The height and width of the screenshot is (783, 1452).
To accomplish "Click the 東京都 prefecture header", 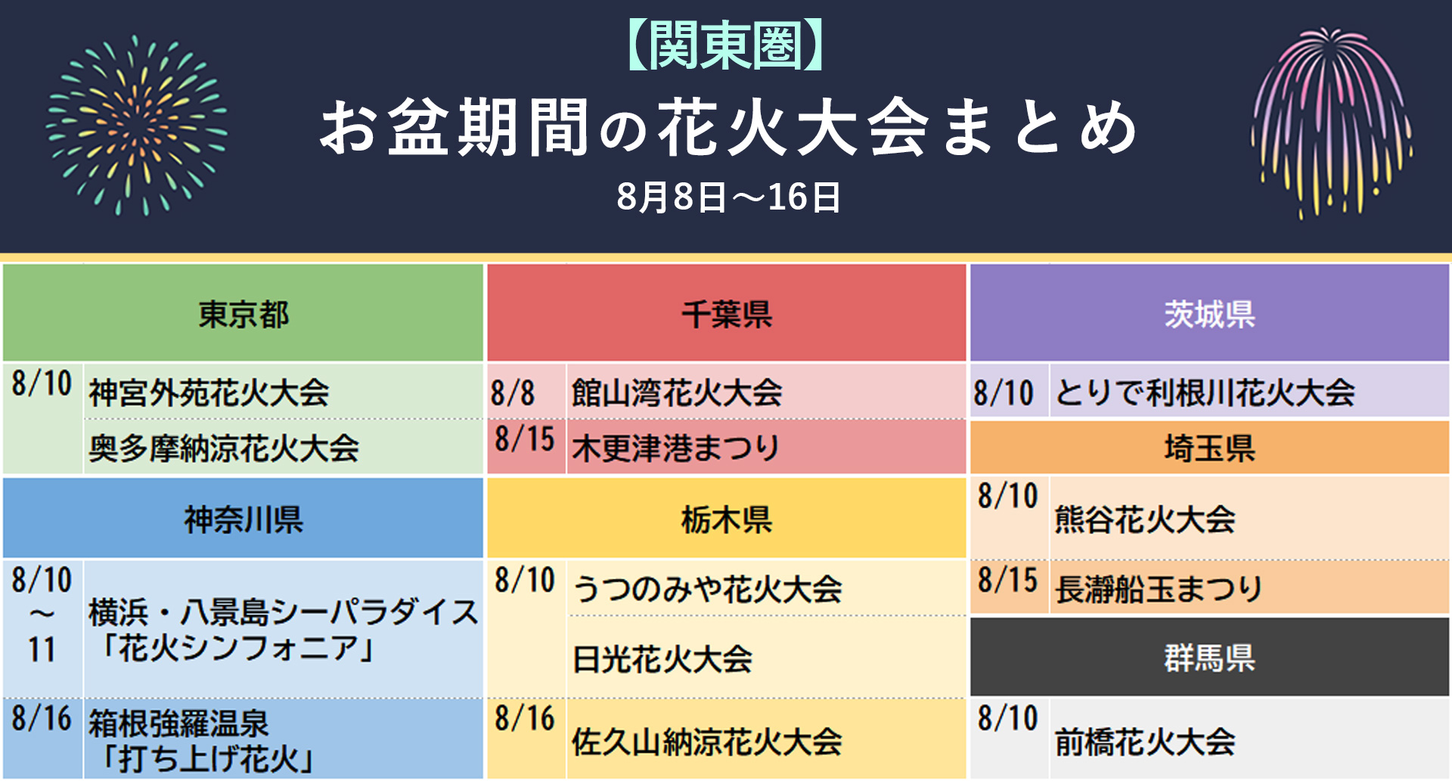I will pos(243,314).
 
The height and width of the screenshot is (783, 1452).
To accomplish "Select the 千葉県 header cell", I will pos(726,314).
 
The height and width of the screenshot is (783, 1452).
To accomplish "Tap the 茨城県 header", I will pos(1209,314).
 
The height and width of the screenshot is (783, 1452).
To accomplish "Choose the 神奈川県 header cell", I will pos(243,519).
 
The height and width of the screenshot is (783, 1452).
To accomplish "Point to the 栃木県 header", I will pos(726,519).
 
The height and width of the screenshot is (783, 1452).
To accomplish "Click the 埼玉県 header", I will pos(1209,448).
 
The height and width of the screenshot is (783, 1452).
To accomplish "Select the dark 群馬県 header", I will pos(1209,657).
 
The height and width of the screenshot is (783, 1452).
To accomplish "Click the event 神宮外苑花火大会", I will pos(209,393).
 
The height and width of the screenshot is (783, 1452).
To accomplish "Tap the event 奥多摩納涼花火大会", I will pos(224,448).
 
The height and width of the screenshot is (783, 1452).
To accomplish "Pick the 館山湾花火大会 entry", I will pos(677,393).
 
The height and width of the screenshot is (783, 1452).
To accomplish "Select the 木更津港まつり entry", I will pos(675,448).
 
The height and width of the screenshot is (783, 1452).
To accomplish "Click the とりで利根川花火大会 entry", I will pos(1205,393).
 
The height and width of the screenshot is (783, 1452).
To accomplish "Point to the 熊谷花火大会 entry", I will pos(1145,520).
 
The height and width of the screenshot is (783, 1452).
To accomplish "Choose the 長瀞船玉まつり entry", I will pos(1159,589).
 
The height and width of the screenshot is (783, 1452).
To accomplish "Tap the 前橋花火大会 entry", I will pos(1145,741).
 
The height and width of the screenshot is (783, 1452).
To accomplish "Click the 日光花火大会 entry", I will pos(662,659).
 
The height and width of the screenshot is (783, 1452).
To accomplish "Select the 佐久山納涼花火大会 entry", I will pos(706,741).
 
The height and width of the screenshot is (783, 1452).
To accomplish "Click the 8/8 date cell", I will pos(513,393).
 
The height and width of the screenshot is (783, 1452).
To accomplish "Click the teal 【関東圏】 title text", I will pos(725,45).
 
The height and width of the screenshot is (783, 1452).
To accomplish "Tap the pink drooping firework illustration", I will pos(1331,121).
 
